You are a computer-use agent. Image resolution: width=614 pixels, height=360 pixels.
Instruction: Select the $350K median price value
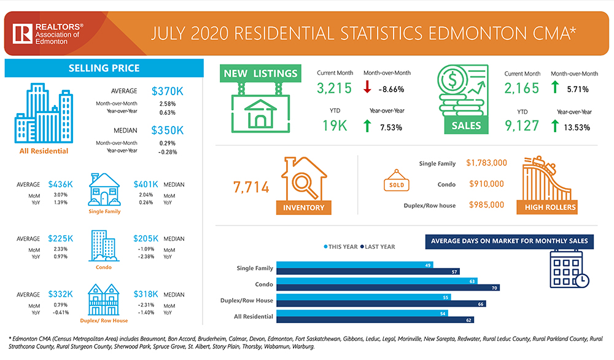167,130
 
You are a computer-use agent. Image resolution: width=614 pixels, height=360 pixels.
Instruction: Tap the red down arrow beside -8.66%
367,88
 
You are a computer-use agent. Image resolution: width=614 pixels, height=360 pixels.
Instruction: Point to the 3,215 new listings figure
334,88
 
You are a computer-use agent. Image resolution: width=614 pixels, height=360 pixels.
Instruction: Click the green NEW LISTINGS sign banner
260,74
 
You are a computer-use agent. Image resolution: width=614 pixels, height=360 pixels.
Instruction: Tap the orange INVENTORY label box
303,208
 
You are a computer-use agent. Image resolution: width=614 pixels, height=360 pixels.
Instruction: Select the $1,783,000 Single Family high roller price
486,163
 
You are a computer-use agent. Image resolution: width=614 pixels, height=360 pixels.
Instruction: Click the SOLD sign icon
396,184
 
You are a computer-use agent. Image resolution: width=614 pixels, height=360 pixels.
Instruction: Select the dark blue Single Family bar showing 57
368,271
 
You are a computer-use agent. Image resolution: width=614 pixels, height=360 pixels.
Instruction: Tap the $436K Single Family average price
61,184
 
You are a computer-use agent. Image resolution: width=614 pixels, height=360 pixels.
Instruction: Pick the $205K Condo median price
146,238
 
